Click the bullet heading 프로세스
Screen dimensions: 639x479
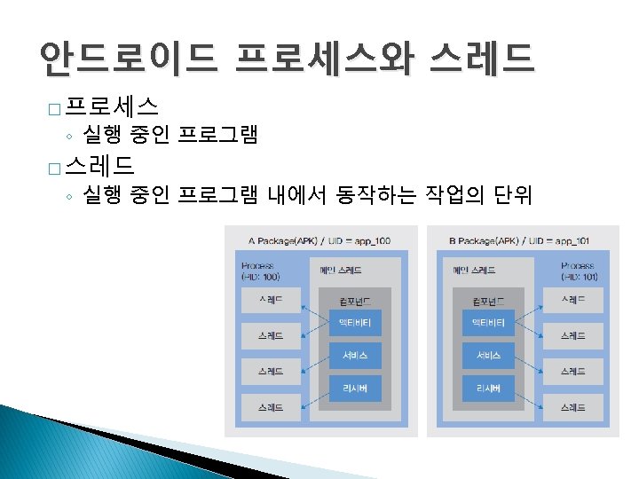(113, 108)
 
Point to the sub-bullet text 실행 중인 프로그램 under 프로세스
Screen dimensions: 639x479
(170, 136)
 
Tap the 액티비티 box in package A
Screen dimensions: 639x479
(355, 321)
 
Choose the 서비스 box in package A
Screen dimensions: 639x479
(355, 355)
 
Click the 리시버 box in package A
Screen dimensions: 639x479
(355, 389)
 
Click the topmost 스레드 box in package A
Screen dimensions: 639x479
(271, 301)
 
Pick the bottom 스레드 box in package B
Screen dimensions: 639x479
(572, 408)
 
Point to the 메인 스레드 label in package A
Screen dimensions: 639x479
(341, 270)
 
